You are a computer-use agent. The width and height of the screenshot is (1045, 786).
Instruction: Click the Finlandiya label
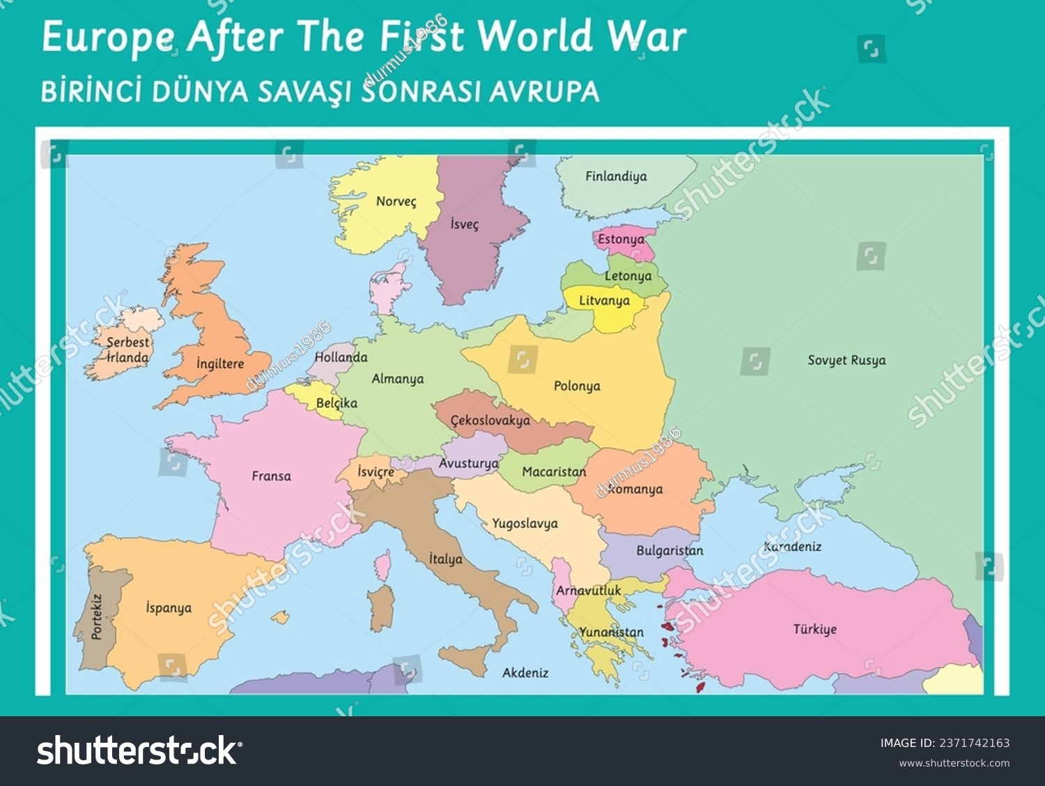coord(616,176)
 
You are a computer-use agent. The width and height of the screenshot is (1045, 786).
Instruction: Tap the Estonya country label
coord(621,239)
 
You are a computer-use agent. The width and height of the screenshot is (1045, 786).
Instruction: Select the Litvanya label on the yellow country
coord(604,301)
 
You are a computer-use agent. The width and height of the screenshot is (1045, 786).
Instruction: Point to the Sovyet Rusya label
coord(846,361)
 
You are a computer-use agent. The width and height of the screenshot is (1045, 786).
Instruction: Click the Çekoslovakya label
coord(490,421)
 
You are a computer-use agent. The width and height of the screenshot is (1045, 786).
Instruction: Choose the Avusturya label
coord(468,463)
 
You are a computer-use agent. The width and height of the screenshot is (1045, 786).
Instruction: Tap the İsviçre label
coord(376,472)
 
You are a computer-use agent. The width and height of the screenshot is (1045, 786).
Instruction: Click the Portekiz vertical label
coord(97,617)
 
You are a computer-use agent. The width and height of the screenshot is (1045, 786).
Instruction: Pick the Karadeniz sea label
coord(792,547)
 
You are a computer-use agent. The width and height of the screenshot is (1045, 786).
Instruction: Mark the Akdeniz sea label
coord(525,673)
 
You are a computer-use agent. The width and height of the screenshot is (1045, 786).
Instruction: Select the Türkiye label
coord(814,629)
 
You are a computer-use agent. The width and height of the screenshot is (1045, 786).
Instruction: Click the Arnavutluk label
coord(588,591)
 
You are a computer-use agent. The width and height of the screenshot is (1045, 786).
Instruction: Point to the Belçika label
coord(336,403)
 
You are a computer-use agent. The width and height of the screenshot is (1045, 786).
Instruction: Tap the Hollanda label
coord(341,357)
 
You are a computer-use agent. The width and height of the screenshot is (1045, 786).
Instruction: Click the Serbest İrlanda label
coord(127,350)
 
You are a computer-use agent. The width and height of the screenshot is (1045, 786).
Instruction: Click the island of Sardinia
coord(381,607)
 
